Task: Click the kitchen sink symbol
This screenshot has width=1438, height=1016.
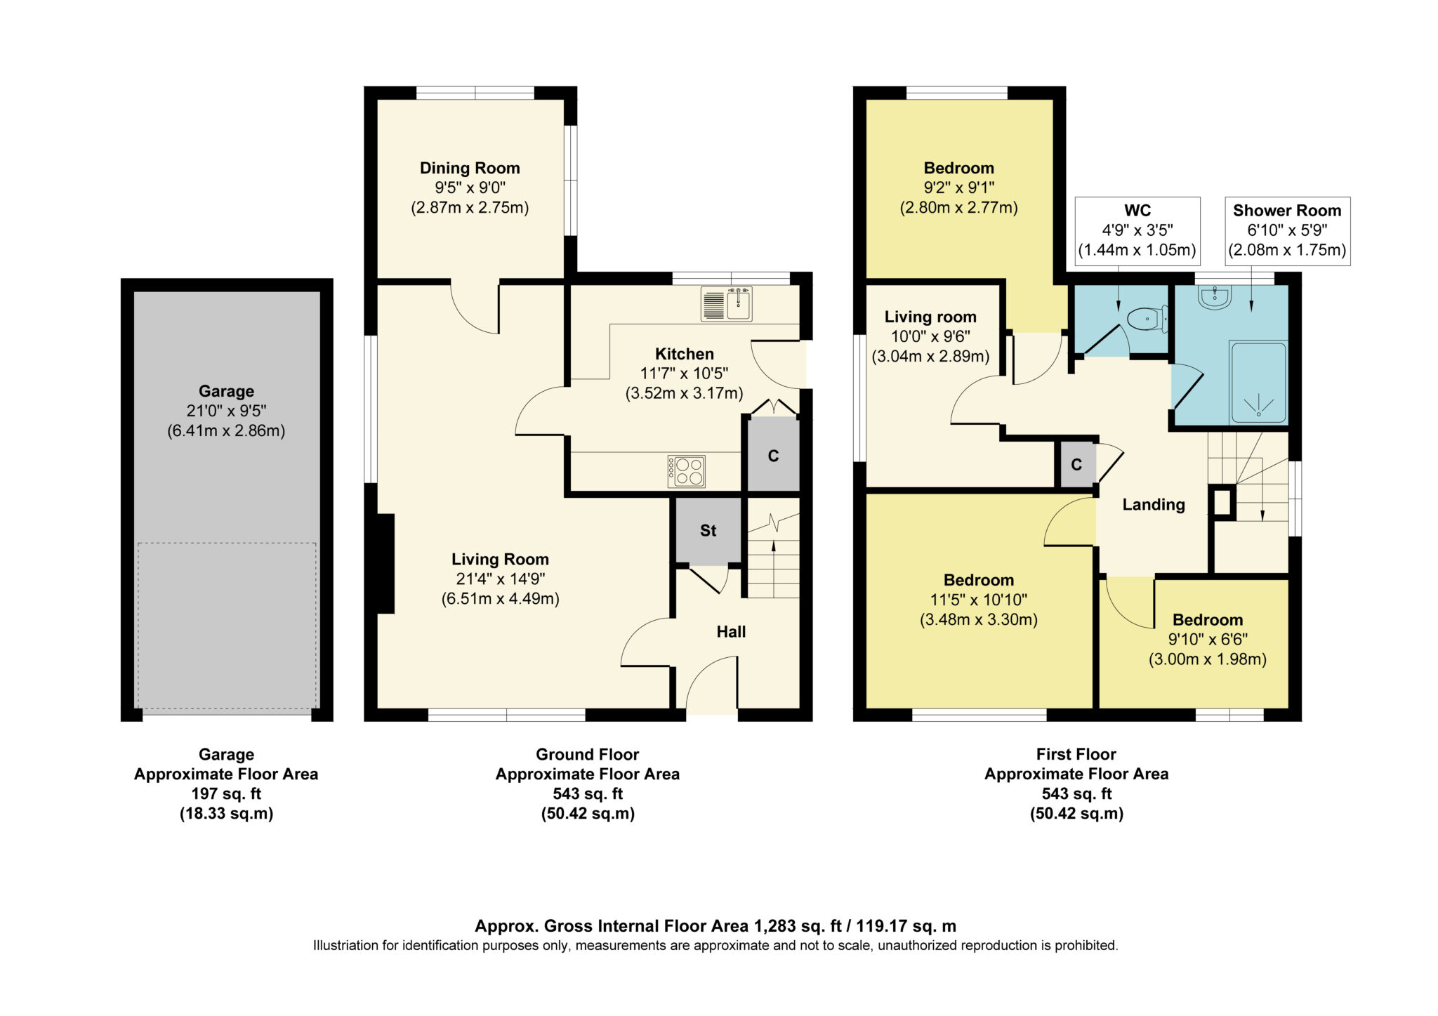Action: point(726,304)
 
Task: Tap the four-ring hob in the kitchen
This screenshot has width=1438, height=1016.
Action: point(686,471)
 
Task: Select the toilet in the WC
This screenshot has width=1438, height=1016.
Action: point(1147,319)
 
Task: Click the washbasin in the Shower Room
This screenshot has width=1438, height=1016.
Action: point(1215,298)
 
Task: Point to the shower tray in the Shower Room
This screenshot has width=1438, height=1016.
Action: point(1258,382)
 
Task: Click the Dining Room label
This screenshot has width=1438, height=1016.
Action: point(470,168)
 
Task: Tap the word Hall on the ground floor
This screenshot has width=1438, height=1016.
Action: point(731,632)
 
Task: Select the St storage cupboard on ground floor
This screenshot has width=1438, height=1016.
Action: point(708,531)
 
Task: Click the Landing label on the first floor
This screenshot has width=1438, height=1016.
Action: point(1154,504)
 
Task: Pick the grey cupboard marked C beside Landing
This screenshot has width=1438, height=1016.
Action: point(1076,465)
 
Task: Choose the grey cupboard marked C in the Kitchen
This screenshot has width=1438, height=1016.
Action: point(773,456)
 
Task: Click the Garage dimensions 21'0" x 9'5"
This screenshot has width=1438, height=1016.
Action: point(226,411)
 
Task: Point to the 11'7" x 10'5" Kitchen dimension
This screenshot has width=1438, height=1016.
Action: point(684,374)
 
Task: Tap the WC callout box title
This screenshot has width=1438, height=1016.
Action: point(1137,210)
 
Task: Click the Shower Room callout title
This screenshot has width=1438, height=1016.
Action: point(1287,210)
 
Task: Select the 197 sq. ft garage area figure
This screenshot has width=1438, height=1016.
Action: point(226,794)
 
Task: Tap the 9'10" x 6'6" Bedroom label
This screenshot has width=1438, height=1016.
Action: point(1208,640)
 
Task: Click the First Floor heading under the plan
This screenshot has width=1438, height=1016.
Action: point(1076,754)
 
